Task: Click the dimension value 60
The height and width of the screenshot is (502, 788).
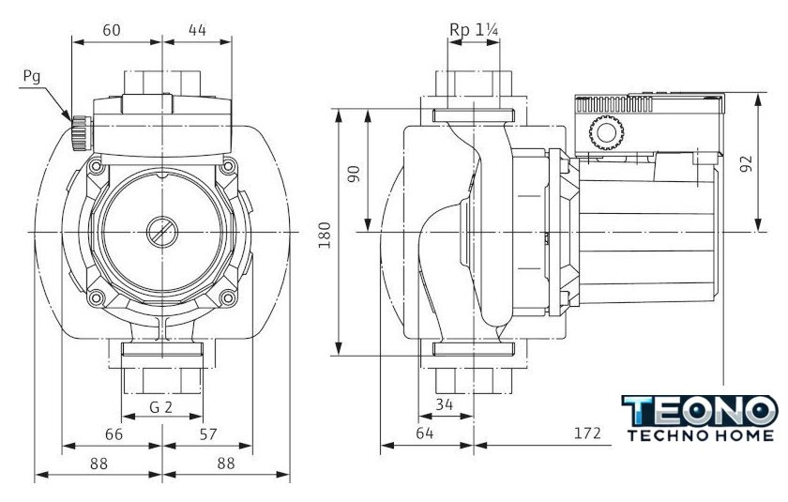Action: (x=112, y=30)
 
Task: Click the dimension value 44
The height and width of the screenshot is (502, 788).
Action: (x=197, y=30)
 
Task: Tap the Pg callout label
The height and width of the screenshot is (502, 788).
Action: (x=32, y=76)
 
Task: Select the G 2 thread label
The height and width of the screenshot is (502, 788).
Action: (x=161, y=407)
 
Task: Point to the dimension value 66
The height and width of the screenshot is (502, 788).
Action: (x=112, y=434)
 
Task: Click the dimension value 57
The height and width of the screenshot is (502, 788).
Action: (x=209, y=434)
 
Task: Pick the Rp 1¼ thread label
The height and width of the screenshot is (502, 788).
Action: (x=474, y=30)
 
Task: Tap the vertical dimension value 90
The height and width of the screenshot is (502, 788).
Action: (x=354, y=175)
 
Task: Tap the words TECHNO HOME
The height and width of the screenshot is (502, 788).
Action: (x=700, y=435)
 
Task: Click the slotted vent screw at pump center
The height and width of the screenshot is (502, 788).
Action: (x=161, y=229)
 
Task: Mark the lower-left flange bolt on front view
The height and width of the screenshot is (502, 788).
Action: (x=96, y=299)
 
